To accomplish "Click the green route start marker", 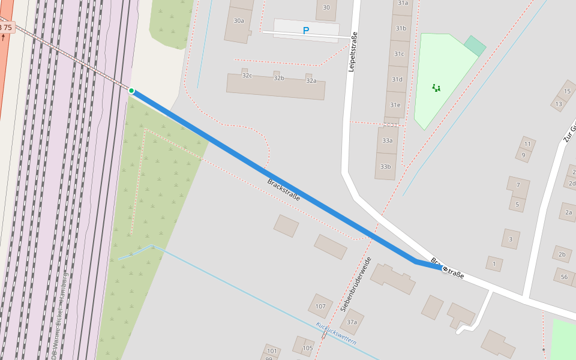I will (131, 91).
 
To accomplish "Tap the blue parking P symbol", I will (306, 31).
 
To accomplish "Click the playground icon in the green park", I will (436, 88).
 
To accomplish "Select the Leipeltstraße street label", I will (353, 52).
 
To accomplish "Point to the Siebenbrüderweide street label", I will (356, 284).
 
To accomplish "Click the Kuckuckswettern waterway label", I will (336, 334).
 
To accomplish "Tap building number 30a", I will (239, 21).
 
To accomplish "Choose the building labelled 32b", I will (279, 79).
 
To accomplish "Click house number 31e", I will (395, 105).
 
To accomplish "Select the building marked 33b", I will (385, 167).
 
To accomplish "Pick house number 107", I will (321, 307).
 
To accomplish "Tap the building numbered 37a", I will (352, 322).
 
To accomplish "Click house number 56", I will (564, 277).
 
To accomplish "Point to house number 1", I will (494, 263).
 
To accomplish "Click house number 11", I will (527, 144).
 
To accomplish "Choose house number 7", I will (518, 185).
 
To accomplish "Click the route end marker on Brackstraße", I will (445, 269).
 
